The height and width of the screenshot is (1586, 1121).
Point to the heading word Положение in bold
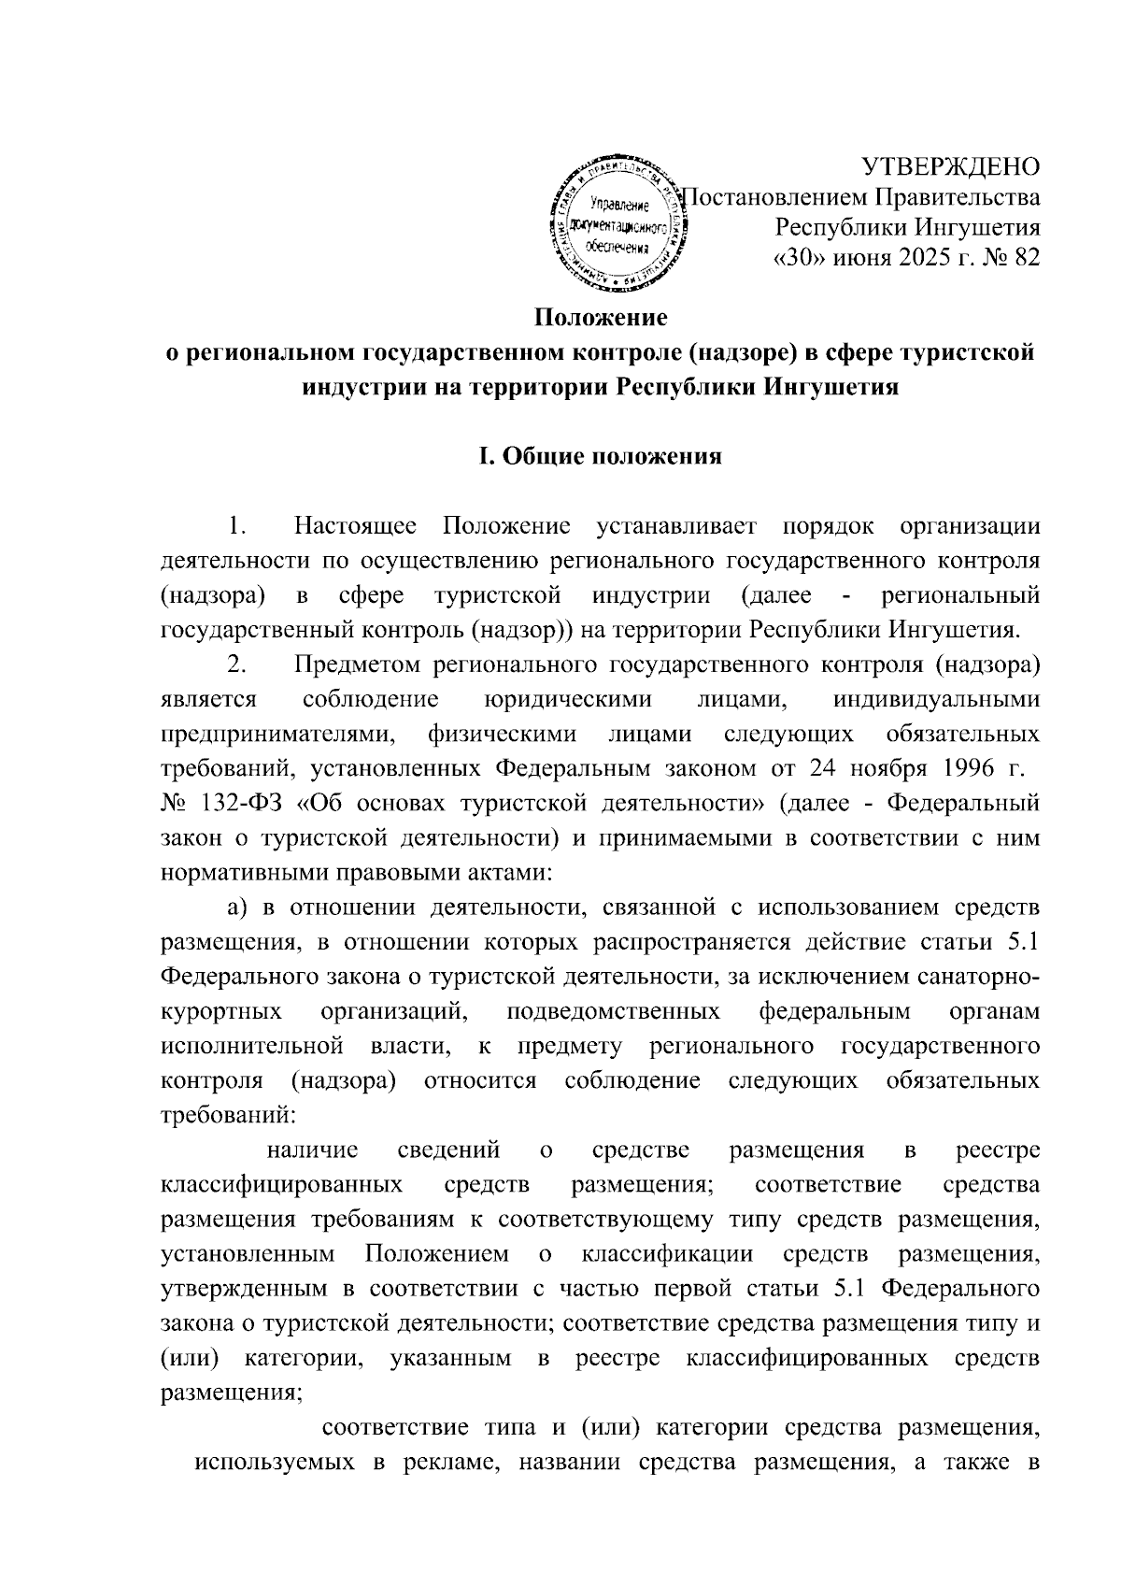[601, 318]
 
